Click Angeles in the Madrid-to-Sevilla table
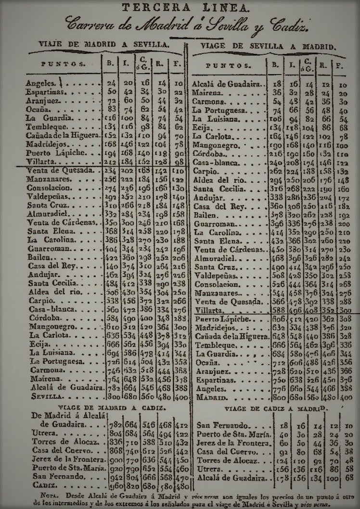pyautogui.click(x=40, y=83)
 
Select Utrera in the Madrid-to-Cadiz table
pyautogui.click(x=42, y=434)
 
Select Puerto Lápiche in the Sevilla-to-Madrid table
pyautogui.click(x=221, y=319)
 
